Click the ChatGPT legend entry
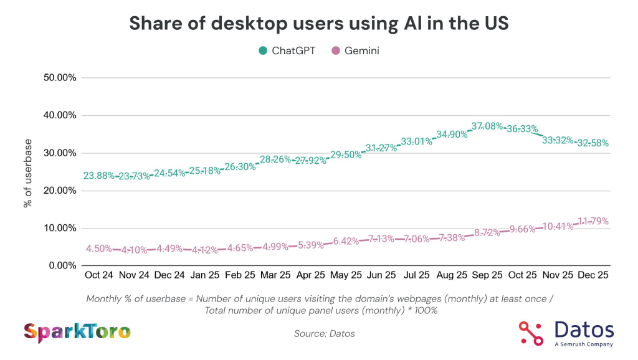[287, 51]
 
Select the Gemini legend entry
[356, 51]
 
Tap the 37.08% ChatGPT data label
[487, 126]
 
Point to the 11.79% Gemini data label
[593, 221]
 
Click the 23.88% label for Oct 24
[99, 176]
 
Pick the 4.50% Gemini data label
[99, 249]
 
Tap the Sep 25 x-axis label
[487, 275]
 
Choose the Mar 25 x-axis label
[276, 275]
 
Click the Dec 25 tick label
[593, 275]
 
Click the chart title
[319, 24]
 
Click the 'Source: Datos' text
[324, 334]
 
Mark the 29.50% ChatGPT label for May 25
[346, 154]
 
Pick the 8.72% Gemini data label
[487, 232]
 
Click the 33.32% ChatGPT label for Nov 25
[558, 140]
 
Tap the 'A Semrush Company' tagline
[583, 344]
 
